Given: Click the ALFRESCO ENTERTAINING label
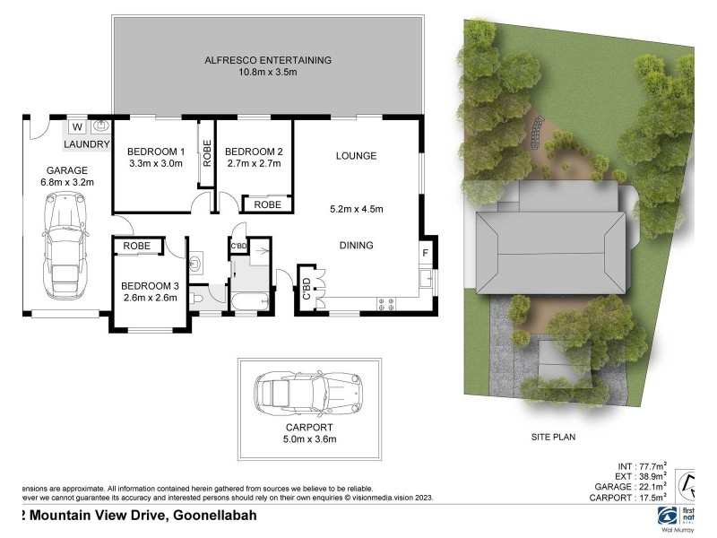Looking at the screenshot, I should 267,60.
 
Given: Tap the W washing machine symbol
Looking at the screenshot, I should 78,126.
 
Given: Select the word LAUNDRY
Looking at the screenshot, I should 87,144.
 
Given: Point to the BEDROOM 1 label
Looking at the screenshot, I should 155,151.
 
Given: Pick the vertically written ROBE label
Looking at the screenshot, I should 206,155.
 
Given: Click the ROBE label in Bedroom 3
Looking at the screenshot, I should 136,246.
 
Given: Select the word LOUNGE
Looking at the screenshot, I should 356,156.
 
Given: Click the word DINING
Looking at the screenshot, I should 356,246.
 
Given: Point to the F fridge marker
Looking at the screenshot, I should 425,254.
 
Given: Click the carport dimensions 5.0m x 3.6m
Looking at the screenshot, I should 309,439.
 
